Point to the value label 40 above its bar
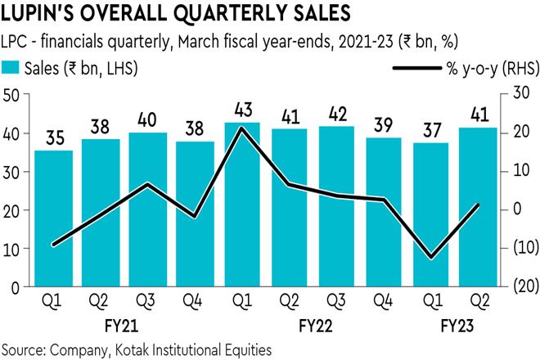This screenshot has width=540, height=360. [x=148, y=118]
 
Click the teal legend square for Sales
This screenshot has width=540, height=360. [x=11, y=68]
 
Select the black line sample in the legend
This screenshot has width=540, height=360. [x=416, y=68]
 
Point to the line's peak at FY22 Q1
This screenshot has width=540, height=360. [x=242, y=128]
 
